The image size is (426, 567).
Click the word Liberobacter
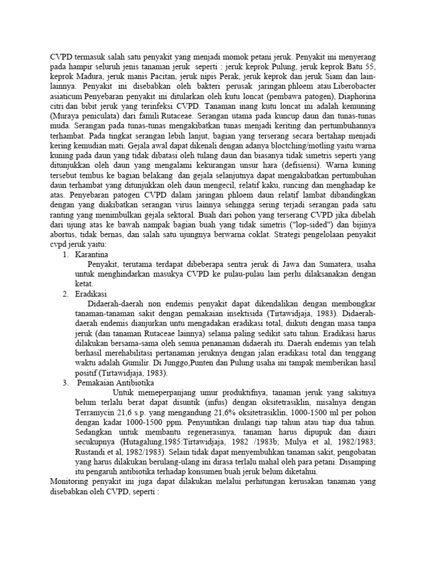coord(352,86)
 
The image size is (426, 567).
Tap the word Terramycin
coord(96,413)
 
